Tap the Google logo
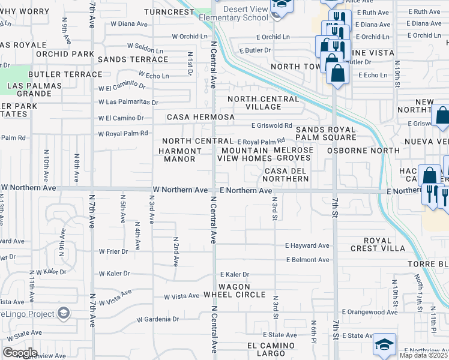tap(20, 353)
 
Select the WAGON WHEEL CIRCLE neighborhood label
tap(234, 290)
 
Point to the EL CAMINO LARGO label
tap(271, 350)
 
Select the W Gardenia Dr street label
tap(158, 319)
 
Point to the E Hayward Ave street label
tap(307, 245)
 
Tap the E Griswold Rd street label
tap(271, 126)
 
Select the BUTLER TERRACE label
tap(65, 74)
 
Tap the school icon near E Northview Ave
tap(384, 344)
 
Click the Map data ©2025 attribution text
tap(423, 355)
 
